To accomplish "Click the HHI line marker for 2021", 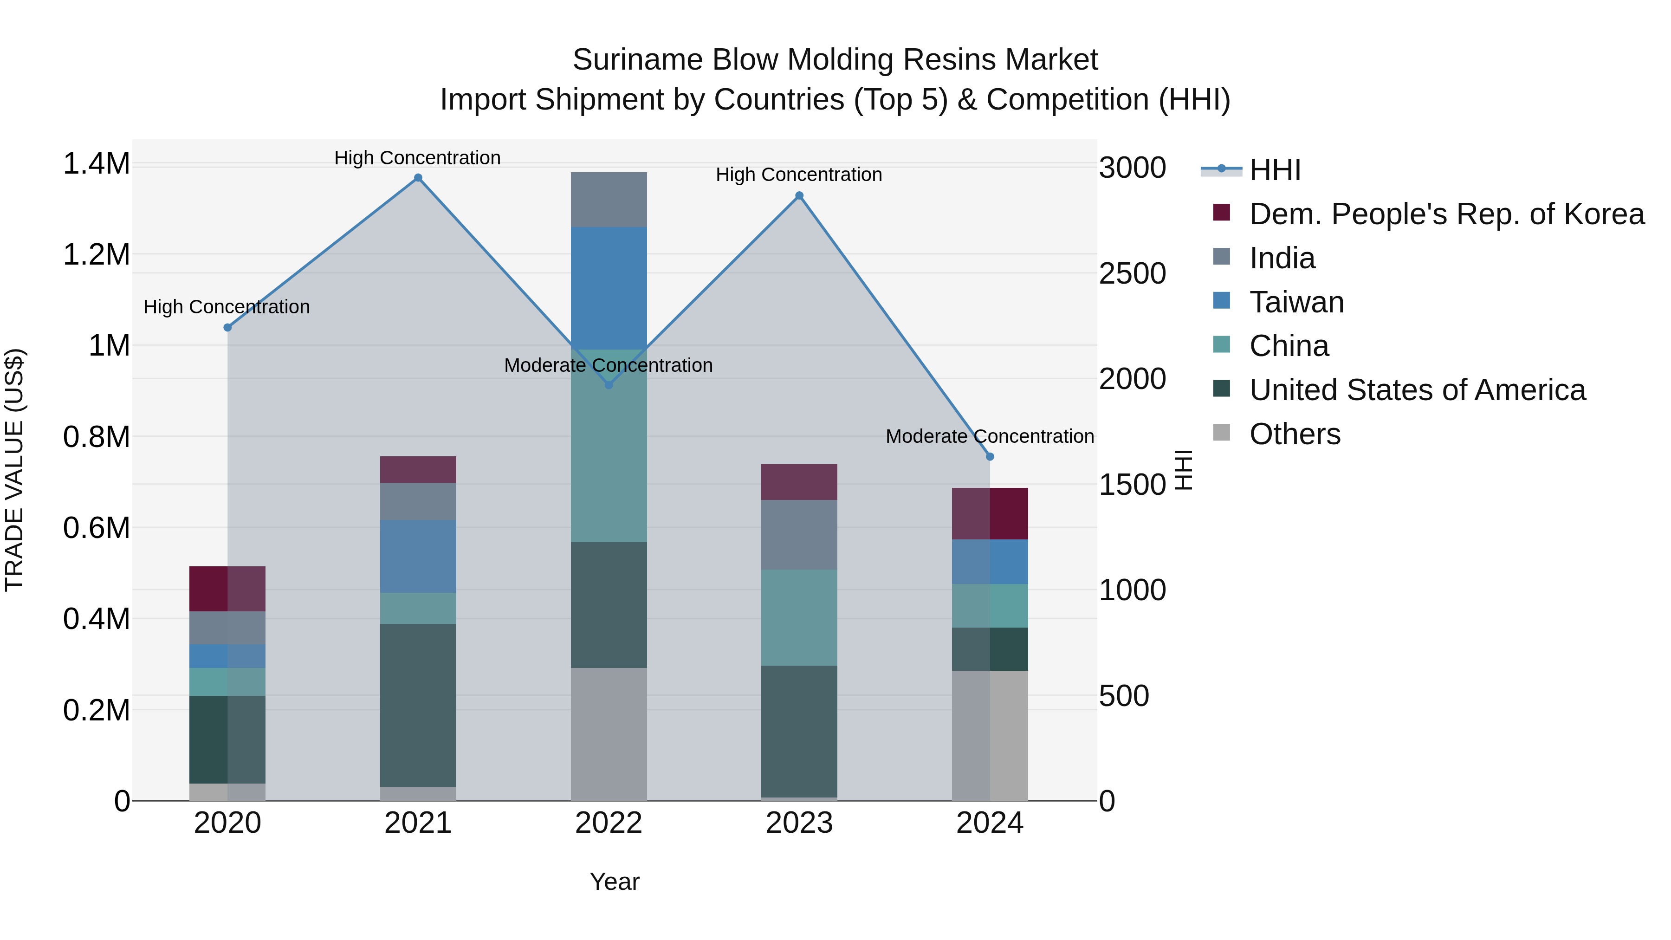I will pyautogui.click(x=418, y=178).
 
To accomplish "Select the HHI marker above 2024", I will pyautogui.click(x=990, y=457).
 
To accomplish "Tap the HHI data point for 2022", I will pyautogui.click(x=609, y=385).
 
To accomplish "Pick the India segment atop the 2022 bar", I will pyautogui.click(x=609, y=199).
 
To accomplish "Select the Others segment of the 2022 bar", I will pyautogui.click(x=609, y=734).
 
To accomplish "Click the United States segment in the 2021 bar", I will pyautogui.click(x=418, y=705).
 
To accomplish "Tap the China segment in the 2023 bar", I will pyautogui.click(x=799, y=617).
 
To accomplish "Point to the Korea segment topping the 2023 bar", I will pyautogui.click(x=799, y=482).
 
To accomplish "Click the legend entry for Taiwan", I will pyautogui.click(x=1296, y=302).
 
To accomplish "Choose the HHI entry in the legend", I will pyautogui.click(x=1275, y=170).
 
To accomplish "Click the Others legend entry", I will pyautogui.click(x=1294, y=434).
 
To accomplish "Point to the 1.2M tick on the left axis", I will pyautogui.click(x=96, y=255).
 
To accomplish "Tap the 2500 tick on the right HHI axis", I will pyautogui.click(x=1132, y=274).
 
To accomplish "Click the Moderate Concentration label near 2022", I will pyautogui.click(x=609, y=365).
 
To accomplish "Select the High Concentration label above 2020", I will pyautogui.click(x=227, y=307).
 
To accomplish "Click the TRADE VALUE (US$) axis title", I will pyautogui.click(x=14, y=470).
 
